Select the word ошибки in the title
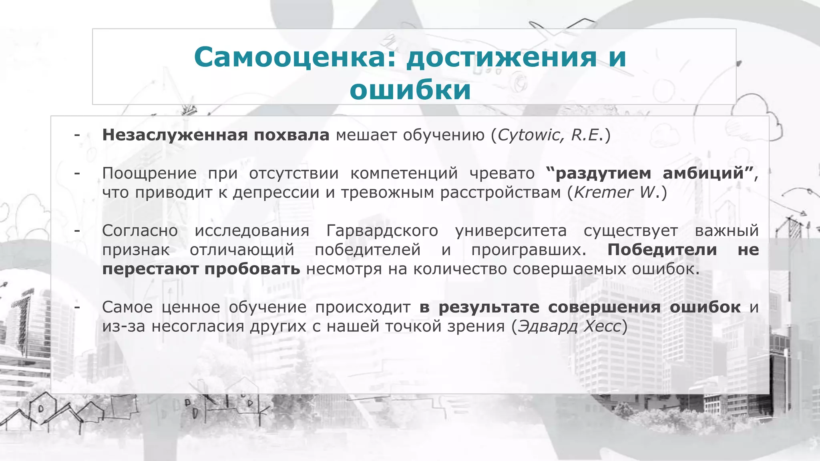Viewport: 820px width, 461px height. click(410, 90)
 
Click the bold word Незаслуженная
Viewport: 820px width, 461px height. click(175, 135)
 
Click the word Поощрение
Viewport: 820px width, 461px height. click(149, 173)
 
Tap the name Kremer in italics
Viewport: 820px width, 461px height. click(603, 192)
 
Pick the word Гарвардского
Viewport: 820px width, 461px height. click(382, 230)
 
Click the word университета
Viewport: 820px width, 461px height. click(511, 230)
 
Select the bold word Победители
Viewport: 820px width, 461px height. click(662, 250)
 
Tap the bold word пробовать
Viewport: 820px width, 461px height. click(252, 269)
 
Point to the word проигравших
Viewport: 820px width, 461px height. click(529, 250)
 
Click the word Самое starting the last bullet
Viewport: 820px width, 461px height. click(127, 307)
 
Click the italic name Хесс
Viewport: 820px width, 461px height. click(602, 326)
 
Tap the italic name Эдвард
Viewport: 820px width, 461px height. click(547, 326)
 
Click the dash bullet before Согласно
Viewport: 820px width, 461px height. click(77, 230)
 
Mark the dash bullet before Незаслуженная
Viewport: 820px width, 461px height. click(77, 135)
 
